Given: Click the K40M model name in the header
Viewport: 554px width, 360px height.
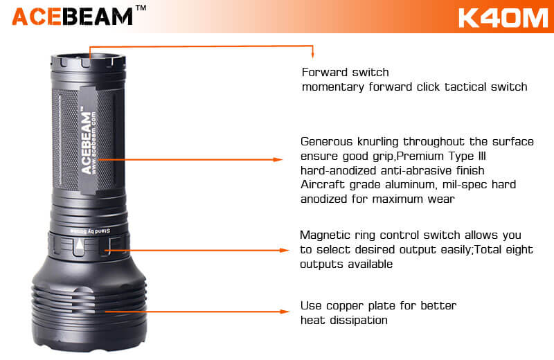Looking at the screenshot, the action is pyautogui.click(x=503, y=18).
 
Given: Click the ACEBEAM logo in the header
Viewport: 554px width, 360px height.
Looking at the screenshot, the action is pyautogui.click(x=73, y=16).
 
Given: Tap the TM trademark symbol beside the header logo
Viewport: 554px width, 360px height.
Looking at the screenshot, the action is pyautogui.click(x=141, y=8).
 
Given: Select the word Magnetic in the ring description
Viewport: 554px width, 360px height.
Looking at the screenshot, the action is pyautogui.click(x=325, y=235).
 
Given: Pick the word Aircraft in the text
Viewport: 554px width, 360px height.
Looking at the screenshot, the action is pyautogui.click(x=322, y=184).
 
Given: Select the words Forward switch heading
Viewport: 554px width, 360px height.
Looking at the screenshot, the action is pyautogui.click(x=345, y=73).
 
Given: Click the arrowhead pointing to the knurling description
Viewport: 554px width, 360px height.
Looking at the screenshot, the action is pyautogui.click(x=278, y=160).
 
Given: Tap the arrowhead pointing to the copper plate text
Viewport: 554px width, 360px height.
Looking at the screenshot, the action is pyautogui.click(x=285, y=312).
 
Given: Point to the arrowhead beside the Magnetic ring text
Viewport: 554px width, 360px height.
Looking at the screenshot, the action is pyautogui.click(x=285, y=250).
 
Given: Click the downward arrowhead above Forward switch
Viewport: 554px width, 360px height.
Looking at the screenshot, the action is pyautogui.click(x=313, y=54).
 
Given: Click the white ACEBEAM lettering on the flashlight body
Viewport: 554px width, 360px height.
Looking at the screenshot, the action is pyautogui.click(x=86, y=143).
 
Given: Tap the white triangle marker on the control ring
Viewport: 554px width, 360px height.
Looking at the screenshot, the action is pyautogui.click(x=80, y=244).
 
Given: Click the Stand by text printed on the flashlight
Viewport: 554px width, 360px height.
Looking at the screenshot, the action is pyautogui.click(x=91, y=231).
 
